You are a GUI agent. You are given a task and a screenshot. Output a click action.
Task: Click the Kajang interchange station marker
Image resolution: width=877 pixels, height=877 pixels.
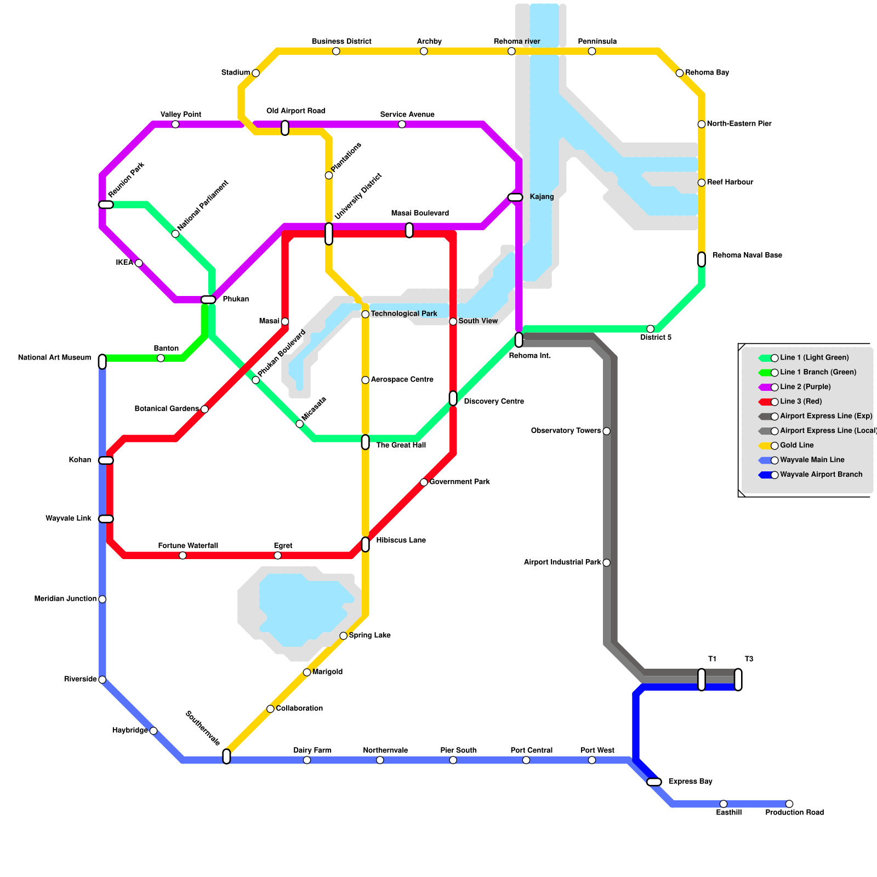[515, 197]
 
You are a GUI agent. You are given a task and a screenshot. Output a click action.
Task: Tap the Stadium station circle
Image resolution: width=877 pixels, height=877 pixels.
[255, 73]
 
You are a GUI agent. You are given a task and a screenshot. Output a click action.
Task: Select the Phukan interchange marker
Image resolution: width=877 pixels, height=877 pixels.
[208, 299]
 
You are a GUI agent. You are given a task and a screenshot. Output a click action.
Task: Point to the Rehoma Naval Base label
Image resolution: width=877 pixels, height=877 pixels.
[747, 255]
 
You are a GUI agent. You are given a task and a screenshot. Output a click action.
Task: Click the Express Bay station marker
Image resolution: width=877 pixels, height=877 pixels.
[654, 782]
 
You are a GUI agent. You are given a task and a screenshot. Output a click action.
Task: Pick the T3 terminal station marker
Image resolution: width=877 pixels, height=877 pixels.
[738, 680]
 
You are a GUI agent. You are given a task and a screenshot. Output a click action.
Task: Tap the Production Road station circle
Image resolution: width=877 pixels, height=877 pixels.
[789, 804]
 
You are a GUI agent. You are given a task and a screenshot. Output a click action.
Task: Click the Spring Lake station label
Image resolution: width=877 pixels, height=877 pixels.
[369, 636]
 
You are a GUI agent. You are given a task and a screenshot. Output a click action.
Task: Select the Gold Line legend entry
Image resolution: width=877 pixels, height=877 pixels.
[797, 446]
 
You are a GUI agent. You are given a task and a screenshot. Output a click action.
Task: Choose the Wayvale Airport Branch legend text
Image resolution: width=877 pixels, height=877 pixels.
[821, 475]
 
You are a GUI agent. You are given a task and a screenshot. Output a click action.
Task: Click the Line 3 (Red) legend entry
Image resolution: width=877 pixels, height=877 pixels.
[801, 402]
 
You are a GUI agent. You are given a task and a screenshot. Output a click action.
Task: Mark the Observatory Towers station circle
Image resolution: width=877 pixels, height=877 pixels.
[606, 431]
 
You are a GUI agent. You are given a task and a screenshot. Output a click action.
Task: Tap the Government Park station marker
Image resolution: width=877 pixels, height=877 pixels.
[424, 482]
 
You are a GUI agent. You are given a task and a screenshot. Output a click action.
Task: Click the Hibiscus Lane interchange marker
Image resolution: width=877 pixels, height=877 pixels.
[365, 544]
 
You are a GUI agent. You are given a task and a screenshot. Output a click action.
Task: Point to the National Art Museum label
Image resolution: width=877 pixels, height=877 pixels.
[54, 358]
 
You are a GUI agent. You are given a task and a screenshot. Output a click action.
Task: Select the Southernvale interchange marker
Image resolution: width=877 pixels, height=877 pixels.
[226, 756]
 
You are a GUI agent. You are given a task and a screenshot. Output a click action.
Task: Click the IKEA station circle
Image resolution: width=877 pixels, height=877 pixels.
[139, 263]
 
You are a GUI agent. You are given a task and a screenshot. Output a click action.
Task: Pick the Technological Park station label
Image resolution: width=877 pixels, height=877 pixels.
[403, 314]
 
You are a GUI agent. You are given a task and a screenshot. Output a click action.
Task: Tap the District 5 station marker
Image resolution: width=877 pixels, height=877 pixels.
[650, 329]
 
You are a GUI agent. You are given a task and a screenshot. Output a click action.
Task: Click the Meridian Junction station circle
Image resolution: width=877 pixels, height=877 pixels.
[102, 599]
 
